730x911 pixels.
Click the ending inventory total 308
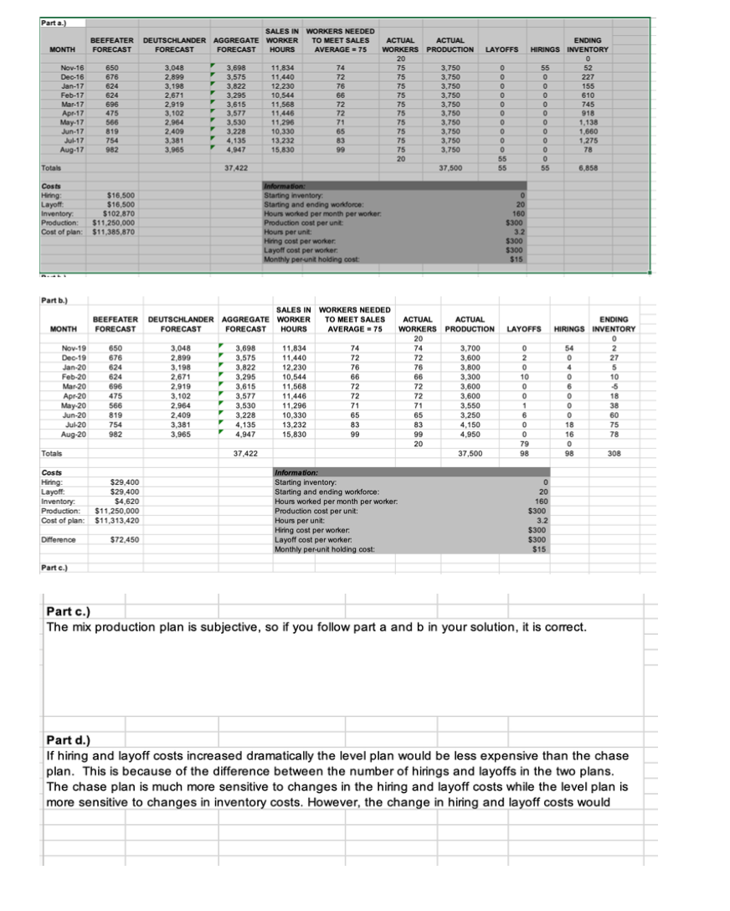(x=625, y=453)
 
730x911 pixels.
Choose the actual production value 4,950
(x=466, y=436)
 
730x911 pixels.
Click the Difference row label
(x=58, y=540)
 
